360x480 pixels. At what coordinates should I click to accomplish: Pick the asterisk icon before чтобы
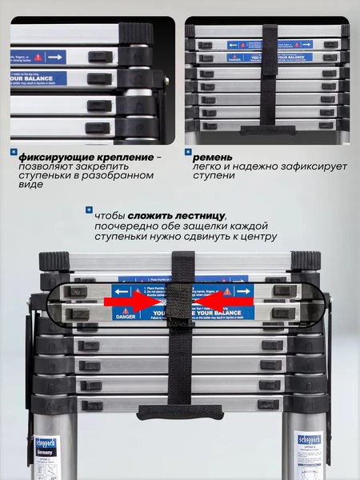click(x=88, y=210)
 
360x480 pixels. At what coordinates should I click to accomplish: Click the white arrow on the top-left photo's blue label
click(x=54, y=58)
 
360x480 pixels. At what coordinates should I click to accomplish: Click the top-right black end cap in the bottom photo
click(x=306, y=262)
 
